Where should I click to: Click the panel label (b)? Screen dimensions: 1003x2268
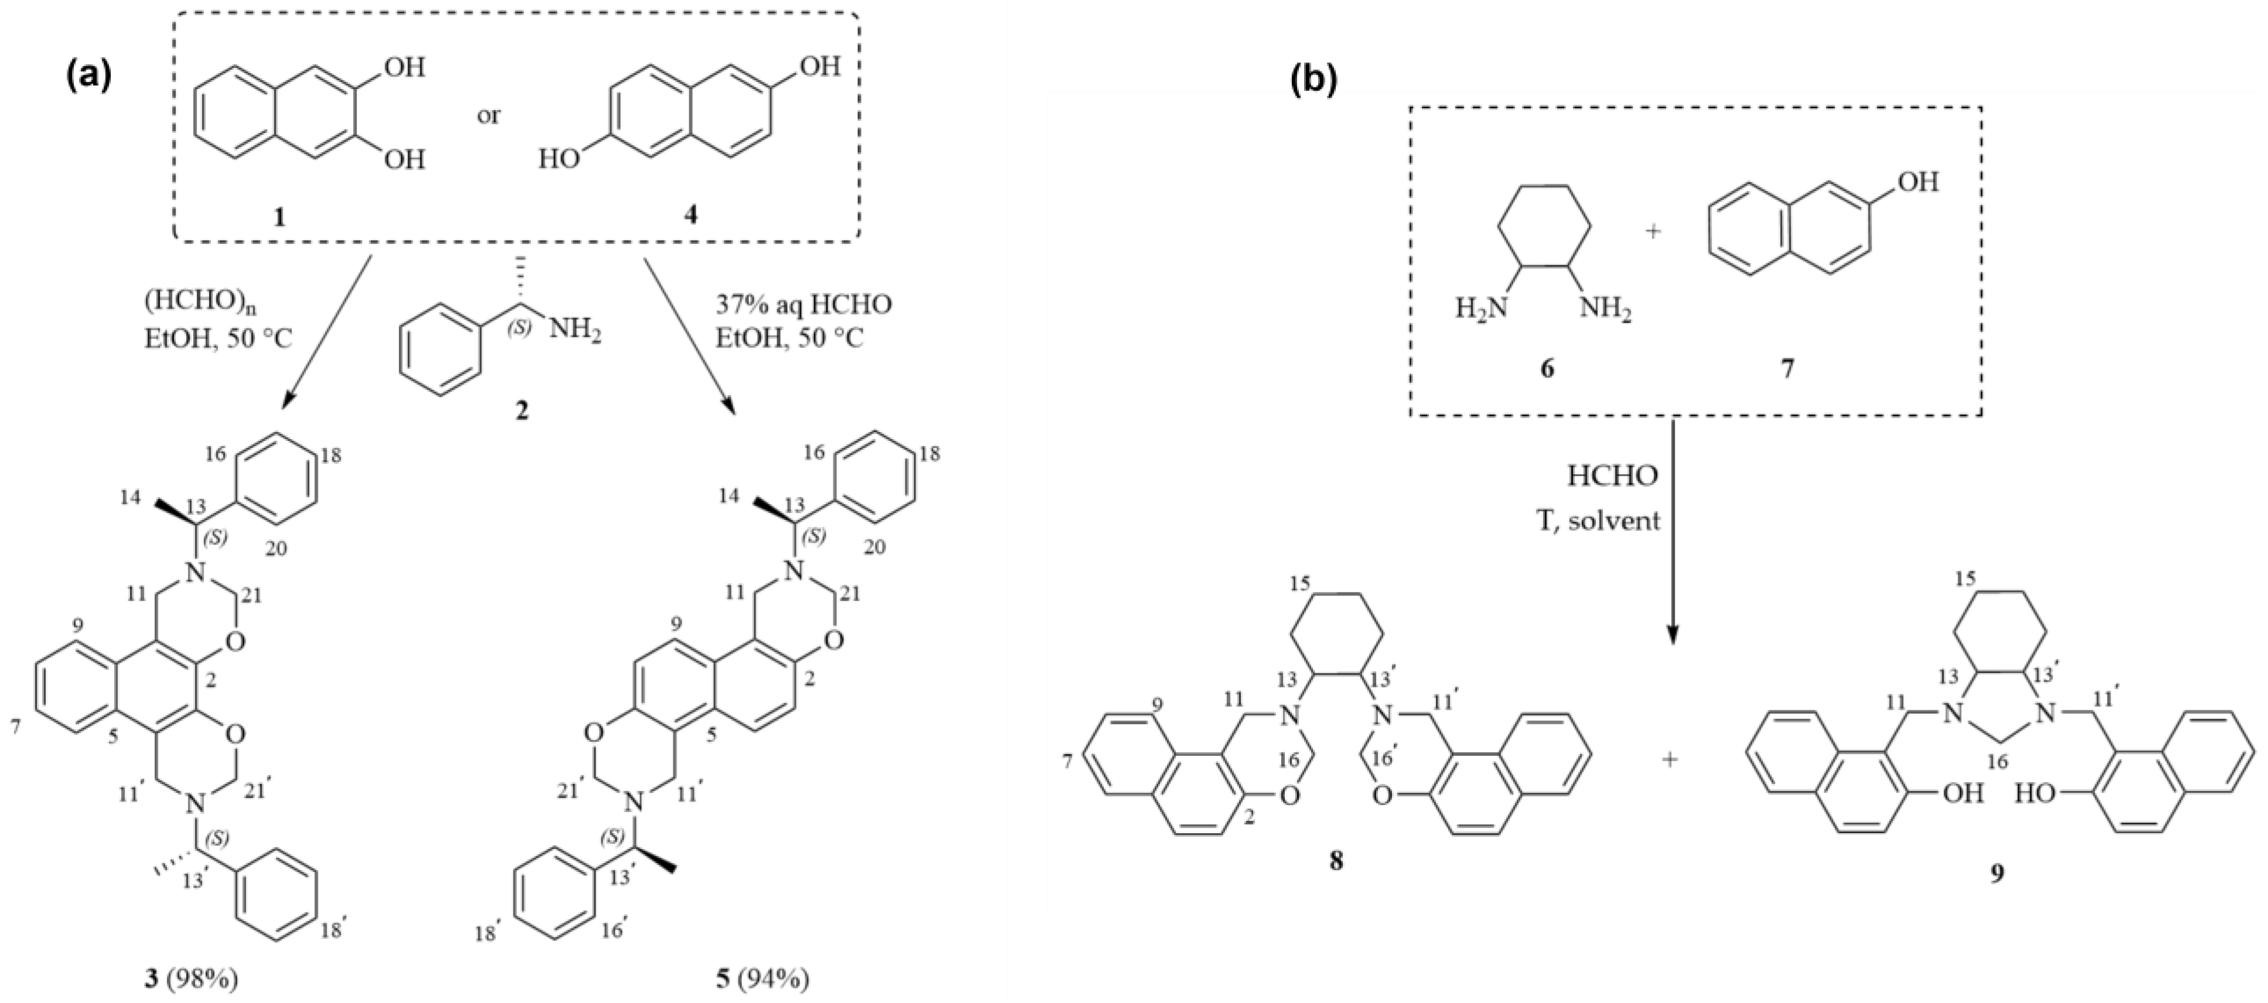pos(1313,78)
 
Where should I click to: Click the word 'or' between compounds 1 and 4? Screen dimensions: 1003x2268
pos(488,115)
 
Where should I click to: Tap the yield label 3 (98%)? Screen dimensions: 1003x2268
pos(192,979)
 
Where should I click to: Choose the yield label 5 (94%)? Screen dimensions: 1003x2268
pos(762,979)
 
